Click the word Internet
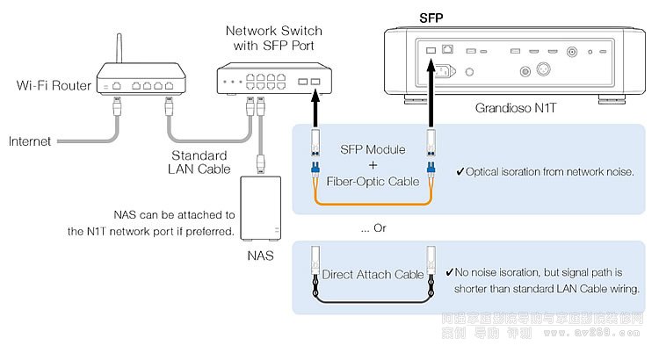29,140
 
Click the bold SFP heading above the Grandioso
431,18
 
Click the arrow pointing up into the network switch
312,107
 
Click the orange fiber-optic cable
371,203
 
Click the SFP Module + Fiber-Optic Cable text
373,166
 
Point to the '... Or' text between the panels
373,228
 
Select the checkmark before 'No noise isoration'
450,274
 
